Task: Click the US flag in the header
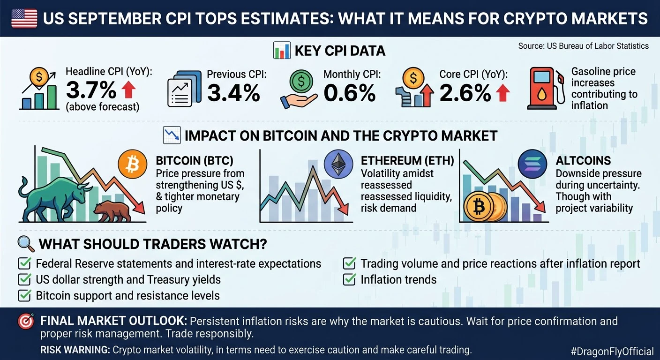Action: click(24, 18)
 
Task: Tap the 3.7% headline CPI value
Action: click(91, 90)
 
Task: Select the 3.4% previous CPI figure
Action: click(233, 93)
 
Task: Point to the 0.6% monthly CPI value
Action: click(349, 93)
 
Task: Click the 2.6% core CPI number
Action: click(465, 93)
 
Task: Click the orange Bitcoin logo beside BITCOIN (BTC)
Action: click(132, 164)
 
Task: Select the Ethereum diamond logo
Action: click(338, 164)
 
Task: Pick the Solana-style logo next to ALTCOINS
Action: click(532, 164)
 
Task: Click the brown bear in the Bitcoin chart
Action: click(112, 211)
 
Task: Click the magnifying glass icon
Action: click(26, 244)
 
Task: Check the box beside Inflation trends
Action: click(349, 279)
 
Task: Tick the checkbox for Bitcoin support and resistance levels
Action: click(24, 295)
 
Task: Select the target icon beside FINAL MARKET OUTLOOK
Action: click(26, 321)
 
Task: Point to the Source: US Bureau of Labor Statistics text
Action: click(584, 46)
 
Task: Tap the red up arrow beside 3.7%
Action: click(128, 90)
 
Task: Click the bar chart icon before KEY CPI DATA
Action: click(282, 50)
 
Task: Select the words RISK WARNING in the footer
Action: click(75, 350)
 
